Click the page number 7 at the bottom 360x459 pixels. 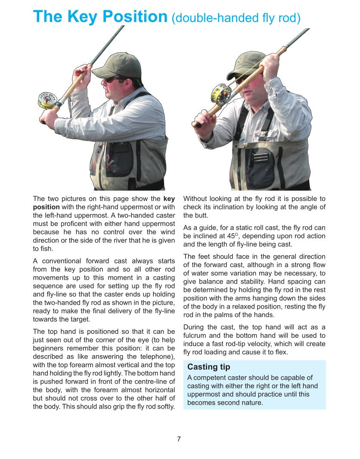point(179,439)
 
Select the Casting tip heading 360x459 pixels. point(209,367)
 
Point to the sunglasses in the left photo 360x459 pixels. point(114,80)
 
